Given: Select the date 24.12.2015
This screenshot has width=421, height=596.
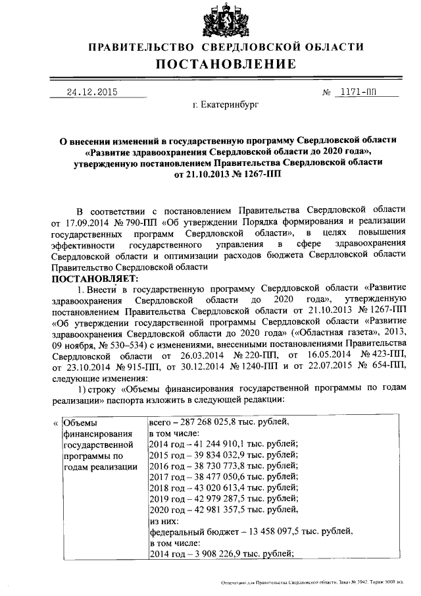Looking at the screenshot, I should (x=91, y=92).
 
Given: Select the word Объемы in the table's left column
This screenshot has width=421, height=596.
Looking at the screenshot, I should (x=80, y=422).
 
